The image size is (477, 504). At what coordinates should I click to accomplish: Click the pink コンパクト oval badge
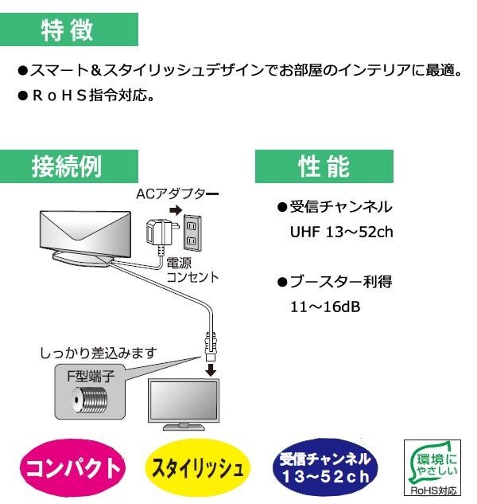pos(72,467)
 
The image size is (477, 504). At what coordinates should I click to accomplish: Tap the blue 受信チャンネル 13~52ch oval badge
pos(324,467)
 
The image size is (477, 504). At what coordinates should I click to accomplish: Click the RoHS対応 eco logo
pos(434,467)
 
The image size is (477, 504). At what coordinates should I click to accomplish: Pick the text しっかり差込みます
pos(99,351)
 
